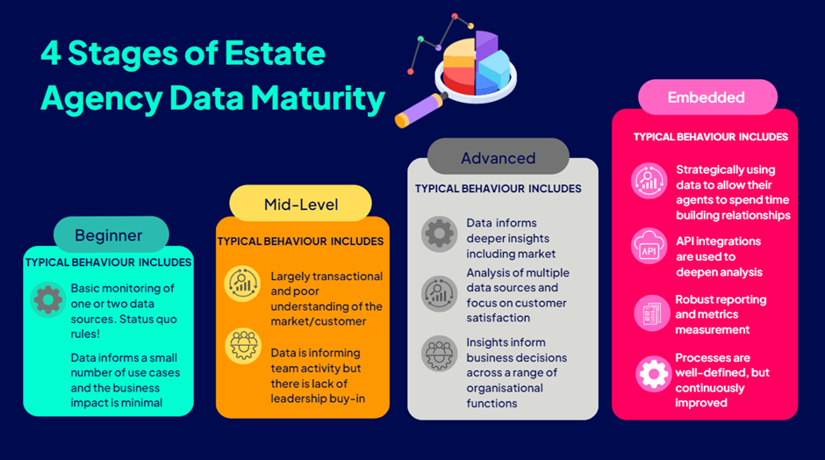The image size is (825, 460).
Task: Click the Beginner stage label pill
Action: point(111,234)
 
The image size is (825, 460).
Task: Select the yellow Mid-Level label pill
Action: point(300,204)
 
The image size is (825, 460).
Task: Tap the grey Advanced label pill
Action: point(499,157)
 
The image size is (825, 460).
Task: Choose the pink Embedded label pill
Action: point(707,97)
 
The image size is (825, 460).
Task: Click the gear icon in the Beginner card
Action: point(48,299)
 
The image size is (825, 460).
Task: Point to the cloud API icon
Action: point(649,246)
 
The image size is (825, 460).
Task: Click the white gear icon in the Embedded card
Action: point(653,374)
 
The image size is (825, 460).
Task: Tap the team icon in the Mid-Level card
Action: point(242,346)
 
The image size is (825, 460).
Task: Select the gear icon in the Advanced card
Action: point(440,234)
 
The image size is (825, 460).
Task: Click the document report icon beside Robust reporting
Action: point(652,313)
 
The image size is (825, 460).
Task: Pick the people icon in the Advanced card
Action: point(440,353)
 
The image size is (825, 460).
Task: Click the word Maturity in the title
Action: point(318,99)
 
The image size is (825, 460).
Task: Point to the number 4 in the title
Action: point(51,54)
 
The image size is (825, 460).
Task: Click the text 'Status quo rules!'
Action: point(124,327)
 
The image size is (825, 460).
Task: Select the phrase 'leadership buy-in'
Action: point(318,399)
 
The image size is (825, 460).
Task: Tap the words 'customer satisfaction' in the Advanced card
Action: point(517,311)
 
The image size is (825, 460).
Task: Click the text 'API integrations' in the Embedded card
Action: point(718,241)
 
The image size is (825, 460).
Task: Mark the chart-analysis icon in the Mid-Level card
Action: point(242,284)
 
